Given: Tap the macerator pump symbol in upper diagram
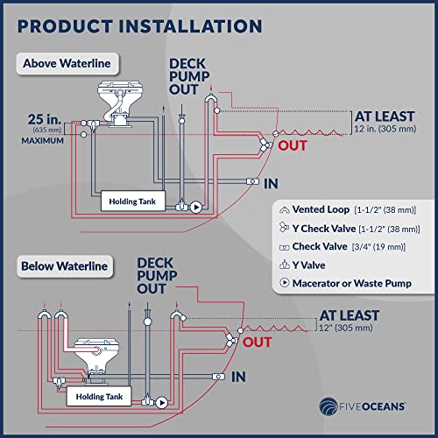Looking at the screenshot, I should coord(195,208).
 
